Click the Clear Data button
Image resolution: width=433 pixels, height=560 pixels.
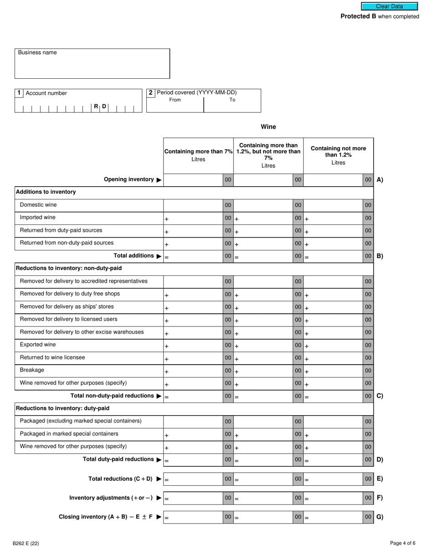[x=389, y=6]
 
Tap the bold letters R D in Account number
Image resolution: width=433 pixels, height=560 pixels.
[x=100, y=107]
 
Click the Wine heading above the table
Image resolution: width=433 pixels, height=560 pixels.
[x=268, y=127]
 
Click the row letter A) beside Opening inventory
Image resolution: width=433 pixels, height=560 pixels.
[x=380, y=180]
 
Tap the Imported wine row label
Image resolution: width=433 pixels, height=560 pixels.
[x=38, y=218]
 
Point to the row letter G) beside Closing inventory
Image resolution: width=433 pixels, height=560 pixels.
[x=380, y=517]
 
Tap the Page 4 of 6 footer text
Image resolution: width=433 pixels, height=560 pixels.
[x=402, y=543]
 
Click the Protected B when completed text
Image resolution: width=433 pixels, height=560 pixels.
[x=380, y=16]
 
